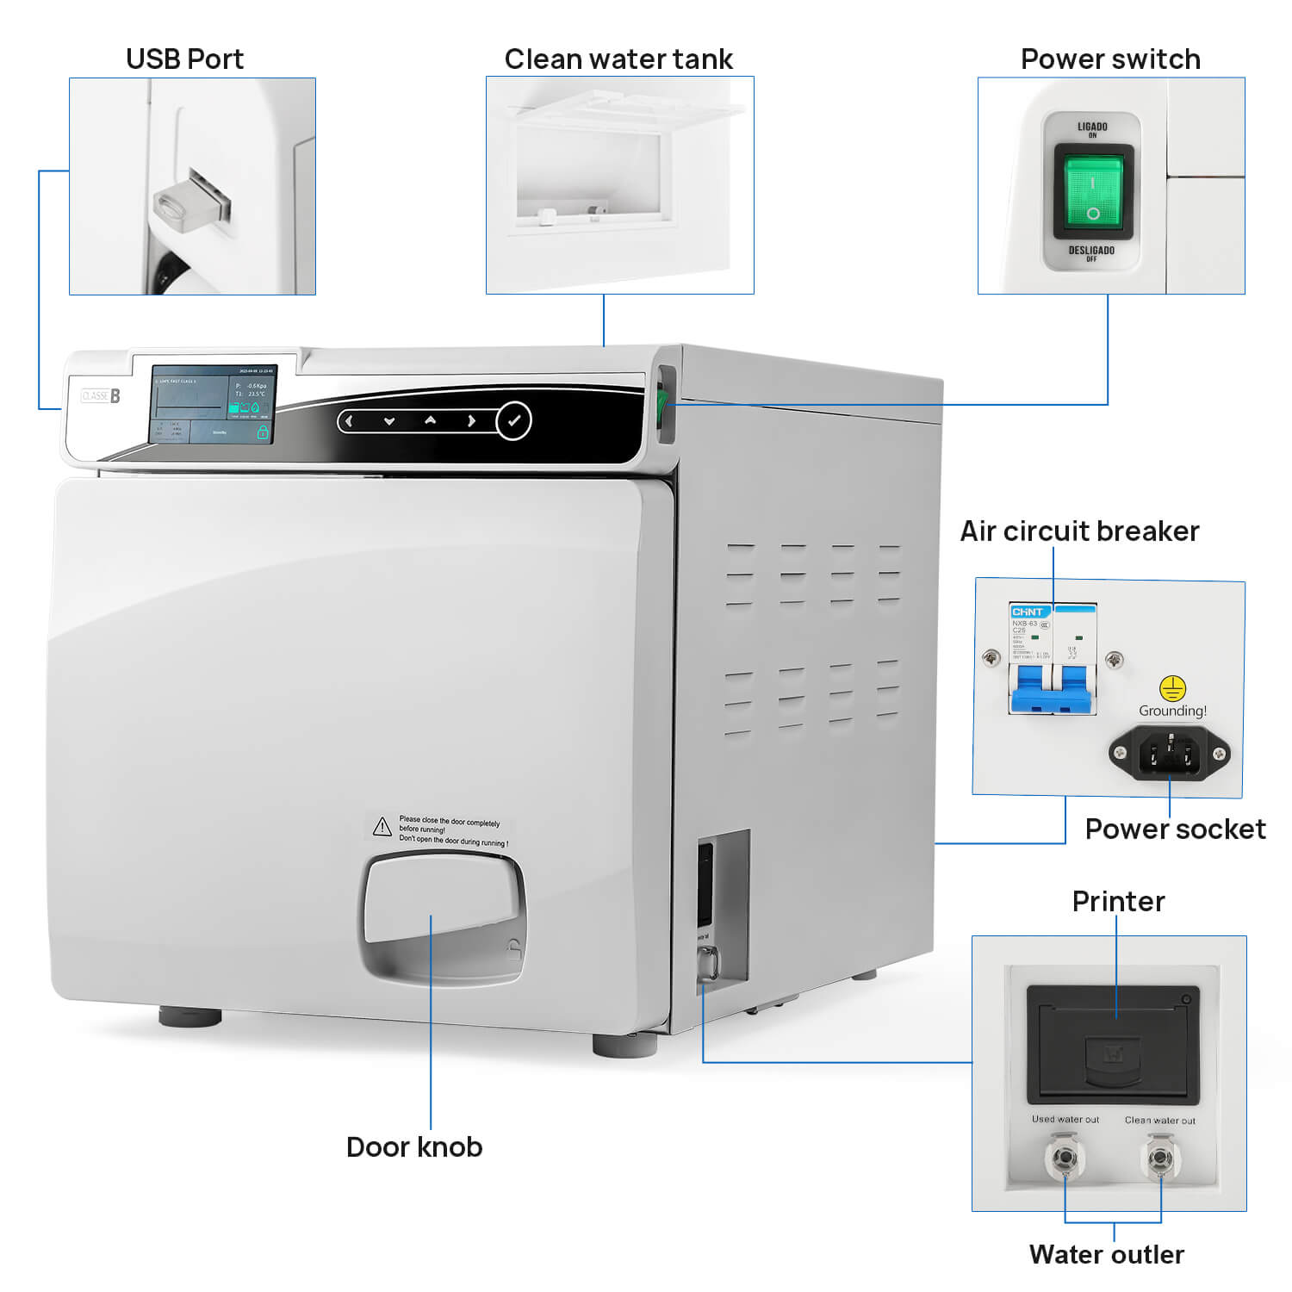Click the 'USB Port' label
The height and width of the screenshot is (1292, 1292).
click(x=184, y=59)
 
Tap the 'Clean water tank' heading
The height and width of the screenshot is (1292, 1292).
click(x=618, y=59)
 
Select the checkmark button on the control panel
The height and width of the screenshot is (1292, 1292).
click(x=514, y=421)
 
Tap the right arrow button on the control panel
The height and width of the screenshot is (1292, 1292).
click(x=471, y=421)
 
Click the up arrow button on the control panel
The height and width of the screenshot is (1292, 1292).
click(x=430, y=420)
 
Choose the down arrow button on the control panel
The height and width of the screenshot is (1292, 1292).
click(x=389, y=421)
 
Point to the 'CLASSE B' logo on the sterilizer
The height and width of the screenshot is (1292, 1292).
click(x=101, y=395)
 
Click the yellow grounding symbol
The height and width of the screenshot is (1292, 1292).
click(x=1172, y=688)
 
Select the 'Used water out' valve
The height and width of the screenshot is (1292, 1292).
click(x=1065, y=1158)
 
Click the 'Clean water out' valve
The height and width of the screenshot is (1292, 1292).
click(x=1160, y=1158)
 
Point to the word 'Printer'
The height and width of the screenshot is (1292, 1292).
click(x=1118, y=901)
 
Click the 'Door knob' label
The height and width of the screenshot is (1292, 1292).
click(x=414, y=1146)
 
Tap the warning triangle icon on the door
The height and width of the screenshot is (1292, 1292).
click(x=382, y=827)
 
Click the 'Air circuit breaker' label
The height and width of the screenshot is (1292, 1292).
click(x=1079, y=531)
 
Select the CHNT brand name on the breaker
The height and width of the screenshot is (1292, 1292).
click(x=1028, y=612)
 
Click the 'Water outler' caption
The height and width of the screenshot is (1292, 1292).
click(x=1107, y=1254)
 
